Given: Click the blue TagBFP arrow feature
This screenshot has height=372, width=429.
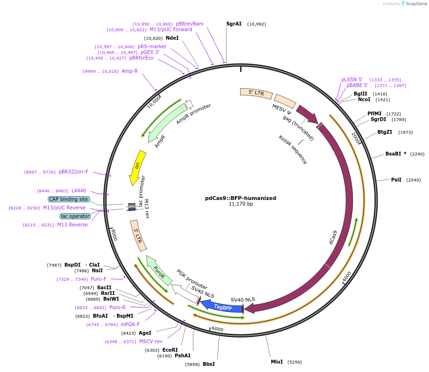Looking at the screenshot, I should [222, 307].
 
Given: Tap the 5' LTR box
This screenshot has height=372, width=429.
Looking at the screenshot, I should [256, 93].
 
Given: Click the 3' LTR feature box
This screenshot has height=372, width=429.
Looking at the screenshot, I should [138, 235].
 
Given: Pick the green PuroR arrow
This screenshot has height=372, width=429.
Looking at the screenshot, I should [160, 270].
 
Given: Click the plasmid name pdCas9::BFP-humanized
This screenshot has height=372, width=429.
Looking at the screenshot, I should [241, 198].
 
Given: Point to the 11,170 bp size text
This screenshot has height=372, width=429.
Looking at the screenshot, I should [241, 204].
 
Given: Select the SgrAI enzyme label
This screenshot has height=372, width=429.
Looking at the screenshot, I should [234, 24].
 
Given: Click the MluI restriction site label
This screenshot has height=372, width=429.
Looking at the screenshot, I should [277, 362].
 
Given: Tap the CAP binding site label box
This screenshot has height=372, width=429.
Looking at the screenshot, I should [69, 199].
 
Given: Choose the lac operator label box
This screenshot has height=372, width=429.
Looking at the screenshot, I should [75, 216].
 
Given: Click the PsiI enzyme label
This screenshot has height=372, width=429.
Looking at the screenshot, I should [396, 180].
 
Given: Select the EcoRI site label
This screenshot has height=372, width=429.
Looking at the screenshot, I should [170, 350].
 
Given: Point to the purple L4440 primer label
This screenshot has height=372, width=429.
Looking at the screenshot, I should [79, 190].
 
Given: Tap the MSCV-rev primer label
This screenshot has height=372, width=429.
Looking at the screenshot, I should [151, 341].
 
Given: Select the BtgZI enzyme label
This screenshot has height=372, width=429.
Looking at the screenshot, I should [384, 132].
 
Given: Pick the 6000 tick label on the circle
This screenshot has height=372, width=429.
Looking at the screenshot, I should [217, 329].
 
